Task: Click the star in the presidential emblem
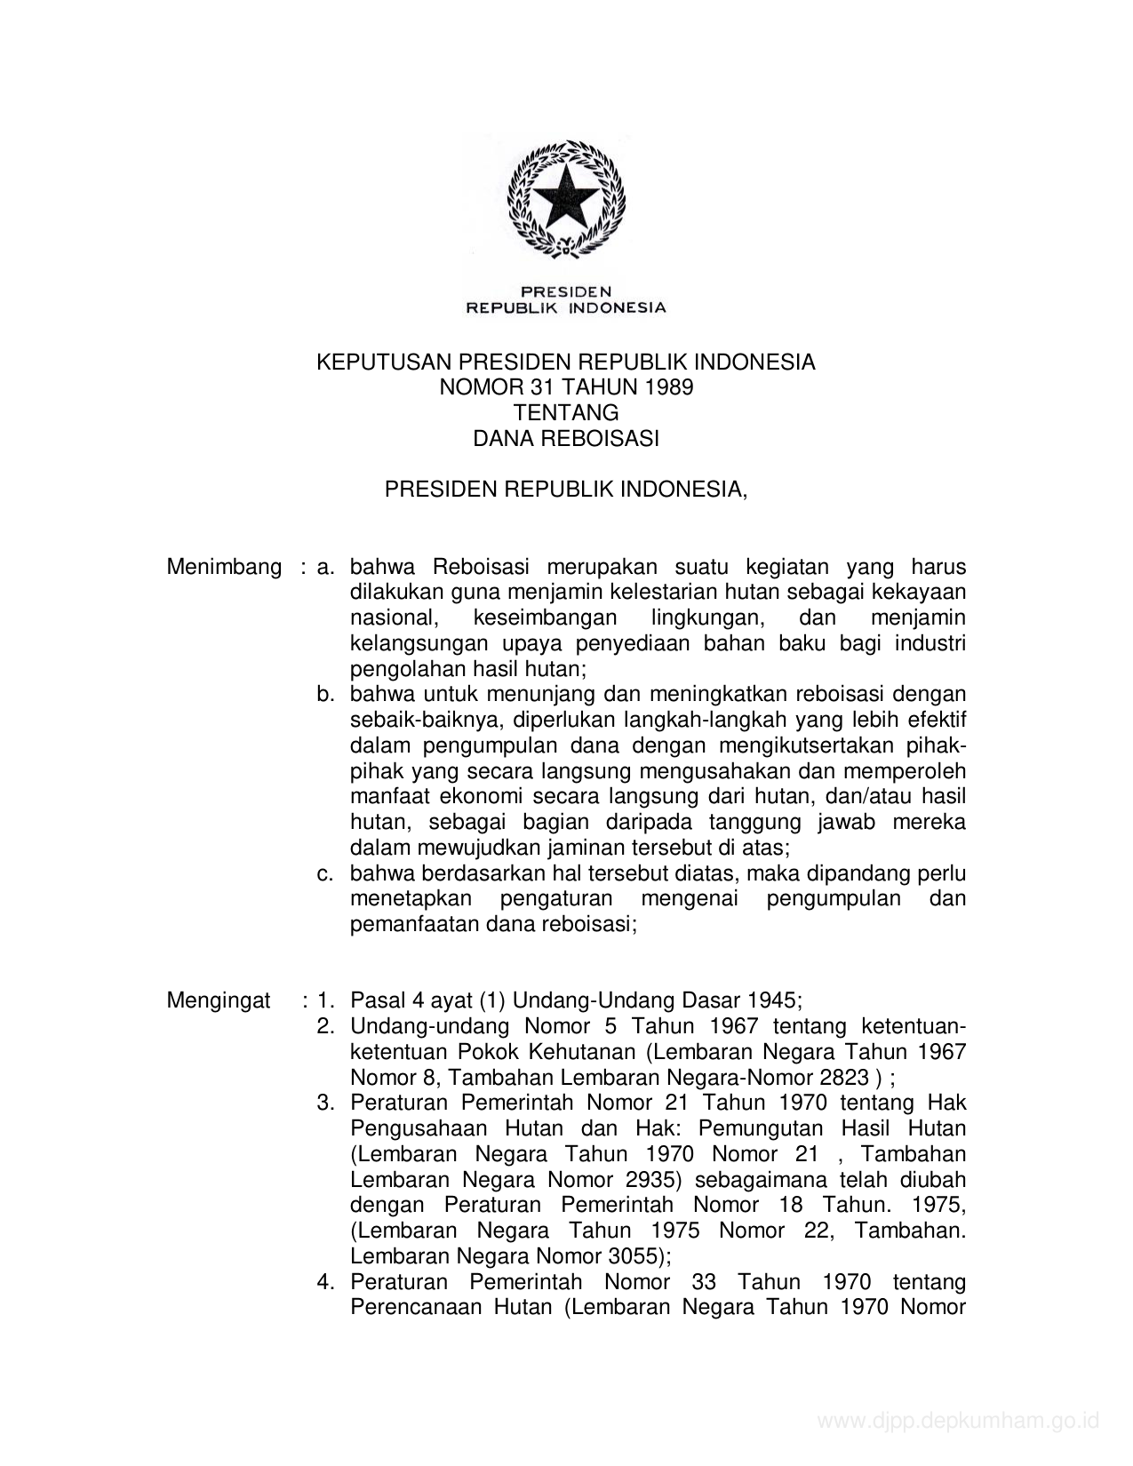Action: [566, 197]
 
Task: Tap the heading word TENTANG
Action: [566, 413]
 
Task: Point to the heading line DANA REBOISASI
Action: [566, 439]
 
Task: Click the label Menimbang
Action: [224, 567]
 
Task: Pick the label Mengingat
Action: [219, 1001]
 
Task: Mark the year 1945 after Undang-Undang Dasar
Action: [772, 1001]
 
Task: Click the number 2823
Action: [834, 1079]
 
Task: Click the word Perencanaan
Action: [415, 1308]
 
